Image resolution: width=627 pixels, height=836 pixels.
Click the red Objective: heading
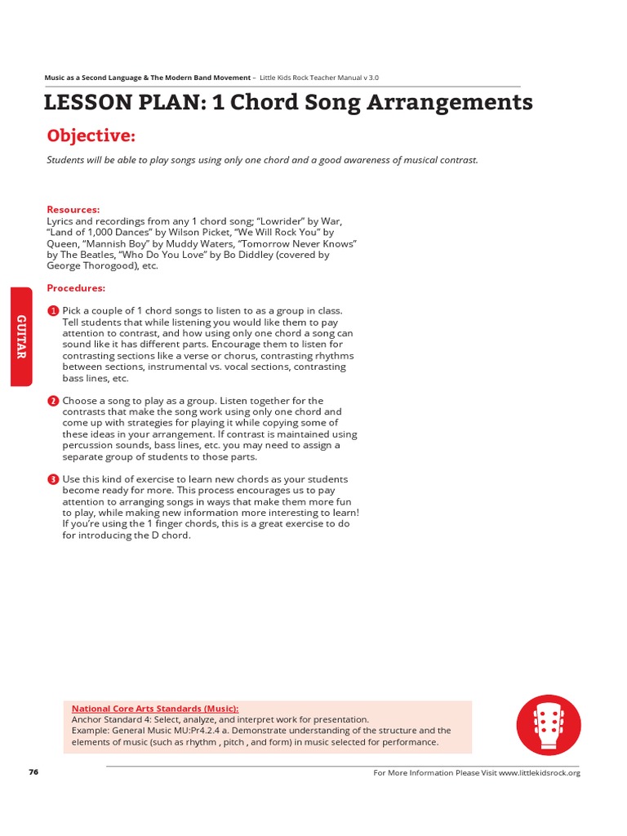91,135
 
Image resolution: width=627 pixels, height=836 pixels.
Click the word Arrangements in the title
440,103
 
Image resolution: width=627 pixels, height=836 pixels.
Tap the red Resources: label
73,210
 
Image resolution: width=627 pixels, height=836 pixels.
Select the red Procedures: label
76,288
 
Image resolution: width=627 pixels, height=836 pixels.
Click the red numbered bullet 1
53,311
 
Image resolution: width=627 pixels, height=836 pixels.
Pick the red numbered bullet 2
53,401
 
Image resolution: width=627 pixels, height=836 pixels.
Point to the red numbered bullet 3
53,479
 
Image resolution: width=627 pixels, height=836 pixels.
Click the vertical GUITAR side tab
21,336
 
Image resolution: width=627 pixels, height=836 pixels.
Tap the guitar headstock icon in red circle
549,724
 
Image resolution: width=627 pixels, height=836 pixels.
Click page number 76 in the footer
33,772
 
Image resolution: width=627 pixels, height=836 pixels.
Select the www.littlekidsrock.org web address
539,773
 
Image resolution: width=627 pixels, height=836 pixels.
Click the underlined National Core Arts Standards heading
155,709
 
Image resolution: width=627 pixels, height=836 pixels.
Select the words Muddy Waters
216,243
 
